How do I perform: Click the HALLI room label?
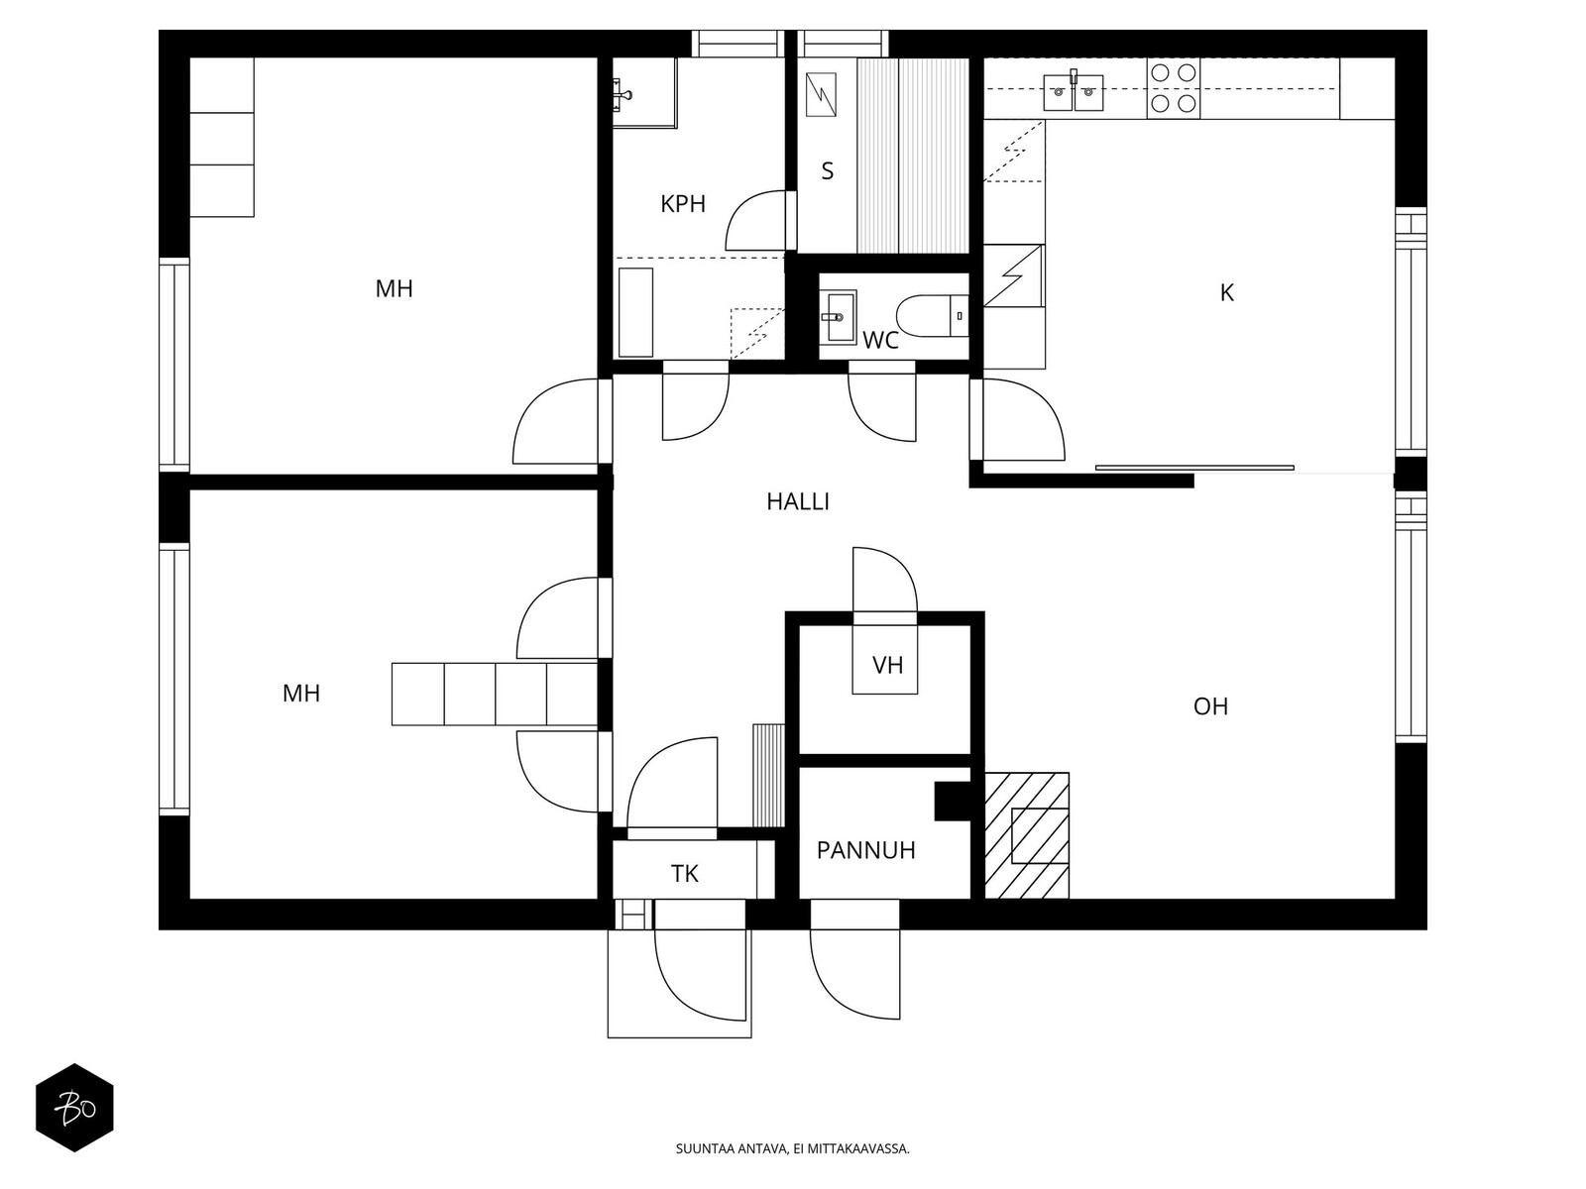[x=797, y=502]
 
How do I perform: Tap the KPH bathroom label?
[x=683, y=205]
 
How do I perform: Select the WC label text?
[x=880, y=342]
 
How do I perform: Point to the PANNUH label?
[x=865, y=850]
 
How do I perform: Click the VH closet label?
[x=887, y=665]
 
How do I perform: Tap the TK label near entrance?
[x=684, y=874]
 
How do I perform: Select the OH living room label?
[x=1210, y=706]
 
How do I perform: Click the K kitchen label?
[x=1226, y=293]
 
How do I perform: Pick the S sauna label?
[x=827, y=171]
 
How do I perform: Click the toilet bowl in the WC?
[x=922, y=315]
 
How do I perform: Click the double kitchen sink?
[x=1074, y=92]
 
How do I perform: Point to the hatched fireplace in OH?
[x=1027, y=835]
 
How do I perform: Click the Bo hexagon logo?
[x=74, y=1107]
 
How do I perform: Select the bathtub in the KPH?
[x=635, y=312]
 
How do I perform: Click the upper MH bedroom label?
[x=394, y=289]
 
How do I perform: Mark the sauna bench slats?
[x=912, y=156]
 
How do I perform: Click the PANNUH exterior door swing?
[x=854, y=976]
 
